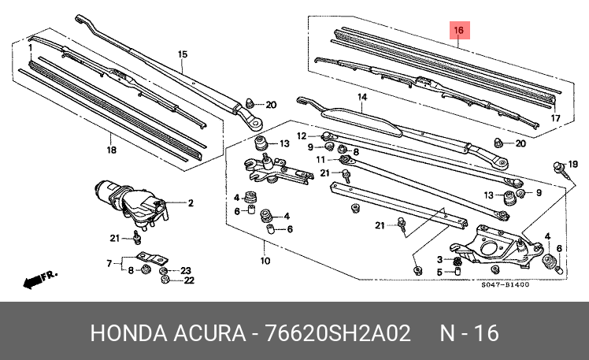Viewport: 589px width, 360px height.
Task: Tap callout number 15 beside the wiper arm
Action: tap(182, 54)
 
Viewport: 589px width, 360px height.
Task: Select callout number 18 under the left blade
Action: tap(111, 150)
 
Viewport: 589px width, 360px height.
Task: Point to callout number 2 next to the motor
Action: tap(190, 203)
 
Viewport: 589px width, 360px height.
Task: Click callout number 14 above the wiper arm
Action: tap(362, 98)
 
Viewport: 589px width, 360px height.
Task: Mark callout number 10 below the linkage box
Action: tap(265, 262)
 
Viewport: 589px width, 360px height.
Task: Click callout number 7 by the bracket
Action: tap(109, 262)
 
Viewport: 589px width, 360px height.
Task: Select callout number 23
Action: tap(186, 269)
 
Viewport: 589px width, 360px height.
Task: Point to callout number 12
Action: tap(300, 135)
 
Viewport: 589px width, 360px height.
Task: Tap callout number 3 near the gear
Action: tap(439, 260)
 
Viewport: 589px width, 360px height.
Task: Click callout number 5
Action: tap(439, 272)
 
